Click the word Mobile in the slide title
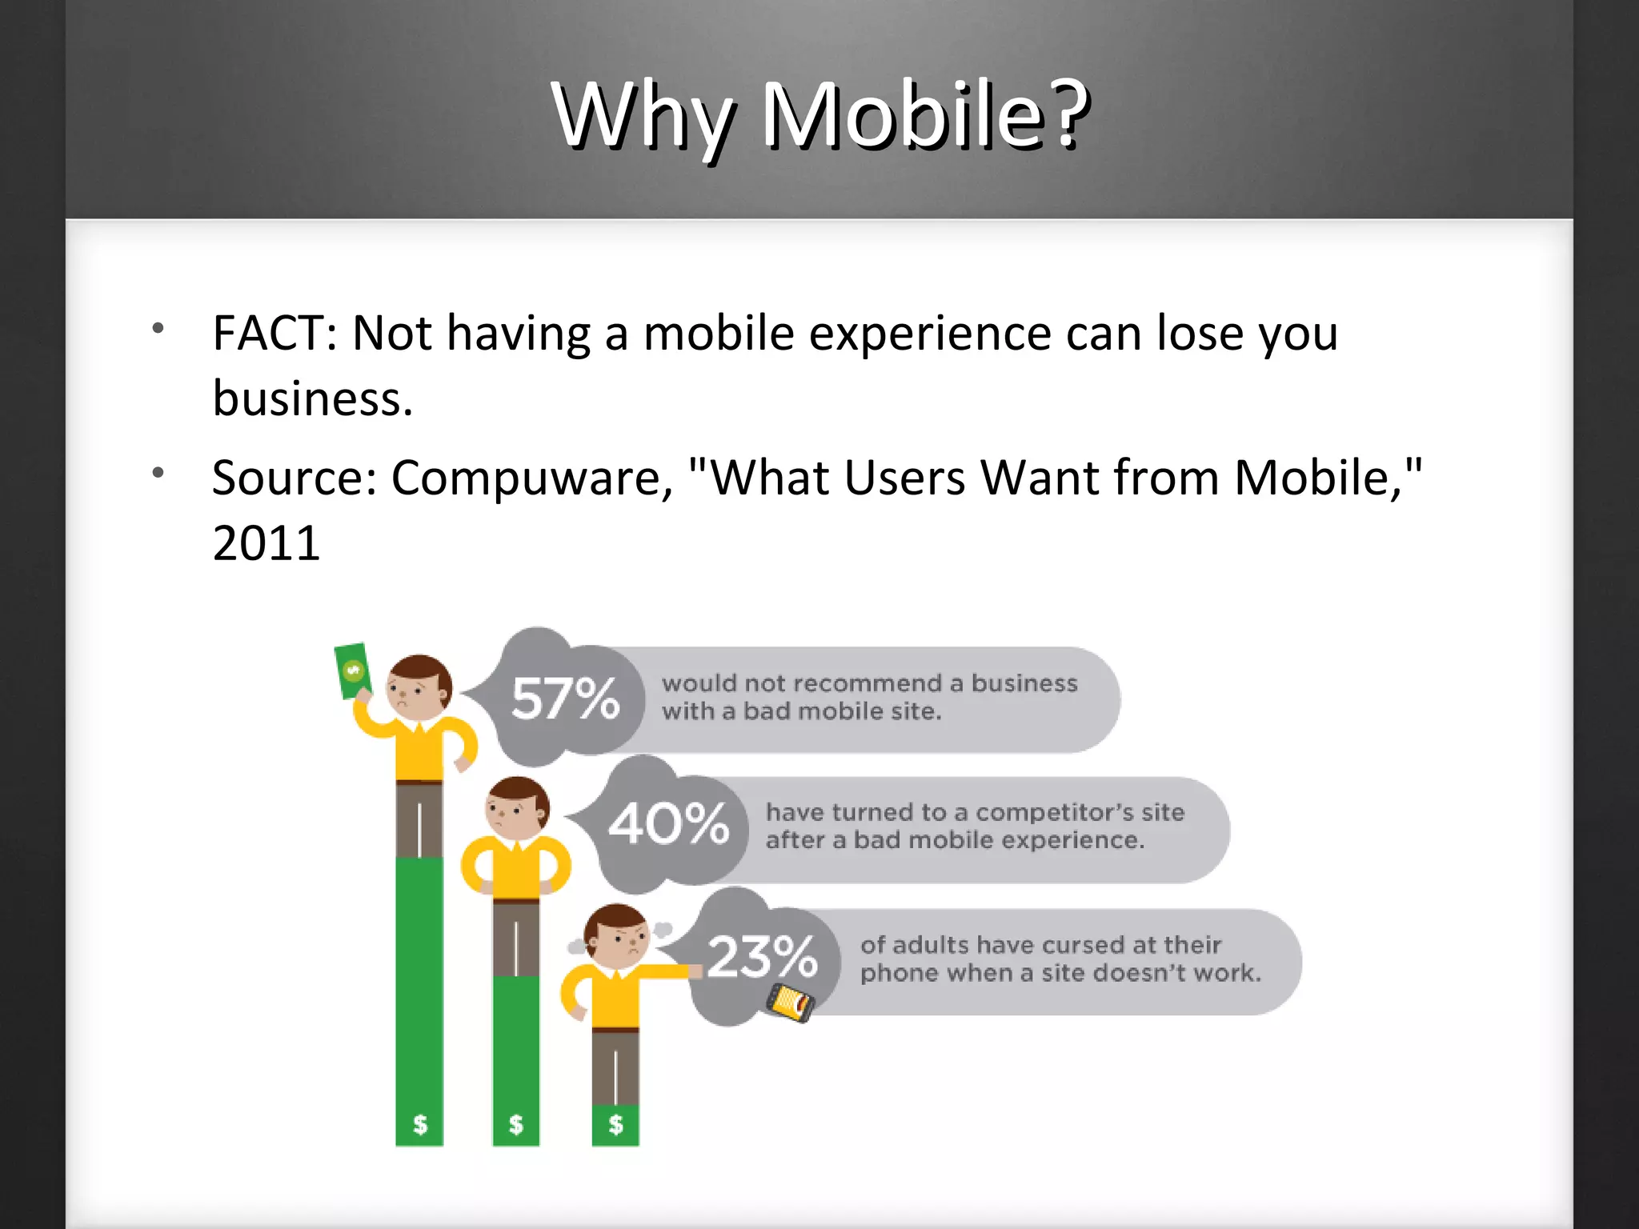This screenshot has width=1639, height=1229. (x=903, y=116)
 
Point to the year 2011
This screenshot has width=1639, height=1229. (x=266, y=544)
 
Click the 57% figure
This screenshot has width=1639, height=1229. (x=565, y=699)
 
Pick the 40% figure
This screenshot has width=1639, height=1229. (x=669, y=824)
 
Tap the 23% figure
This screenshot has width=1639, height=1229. (x=762, y=957)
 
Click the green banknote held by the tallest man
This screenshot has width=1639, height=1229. (x=352, y=671)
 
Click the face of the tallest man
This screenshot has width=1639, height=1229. (x=416, y=690)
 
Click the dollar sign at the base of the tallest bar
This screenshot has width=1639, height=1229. (x=420, y=1124)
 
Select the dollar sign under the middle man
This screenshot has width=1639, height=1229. (x=516, y=1124)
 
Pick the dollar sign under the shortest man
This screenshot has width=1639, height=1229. (x=615, y=1124)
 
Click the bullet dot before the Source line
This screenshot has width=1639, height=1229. (x=158, y=473)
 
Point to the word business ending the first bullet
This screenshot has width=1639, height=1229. (x=312, y=398)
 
